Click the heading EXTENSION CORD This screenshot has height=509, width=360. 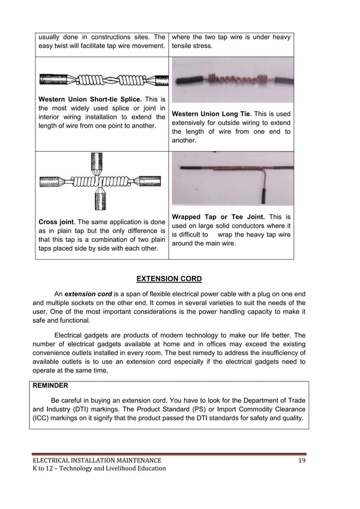(169, 279)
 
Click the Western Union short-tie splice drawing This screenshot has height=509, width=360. (103, 80)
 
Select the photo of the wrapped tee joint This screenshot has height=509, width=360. (232, 178)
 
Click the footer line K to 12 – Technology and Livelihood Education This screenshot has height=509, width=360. (98, 468)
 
